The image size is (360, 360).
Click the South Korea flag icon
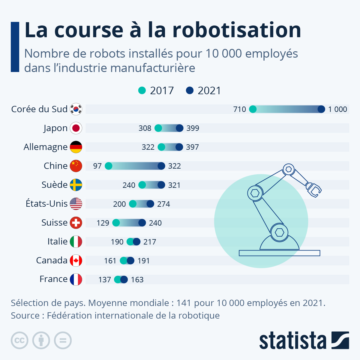76,109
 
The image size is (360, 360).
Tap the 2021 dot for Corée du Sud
321,109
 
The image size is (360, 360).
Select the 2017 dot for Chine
109,166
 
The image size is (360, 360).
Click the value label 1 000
337,109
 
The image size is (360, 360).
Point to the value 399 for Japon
193,128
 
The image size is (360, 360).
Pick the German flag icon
76,147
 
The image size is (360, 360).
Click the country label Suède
55,185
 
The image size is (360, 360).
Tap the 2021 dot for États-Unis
150,204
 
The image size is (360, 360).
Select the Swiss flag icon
76,223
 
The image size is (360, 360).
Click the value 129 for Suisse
103,223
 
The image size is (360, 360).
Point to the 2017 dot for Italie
130,242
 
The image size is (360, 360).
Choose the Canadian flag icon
76,260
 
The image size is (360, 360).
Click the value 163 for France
137,280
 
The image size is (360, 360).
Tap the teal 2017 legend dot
142,90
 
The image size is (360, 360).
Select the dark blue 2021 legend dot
190,90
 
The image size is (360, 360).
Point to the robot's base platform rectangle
279,253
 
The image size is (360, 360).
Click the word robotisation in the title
237,30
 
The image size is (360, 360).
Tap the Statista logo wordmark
292,341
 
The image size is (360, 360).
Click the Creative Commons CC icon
19,340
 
